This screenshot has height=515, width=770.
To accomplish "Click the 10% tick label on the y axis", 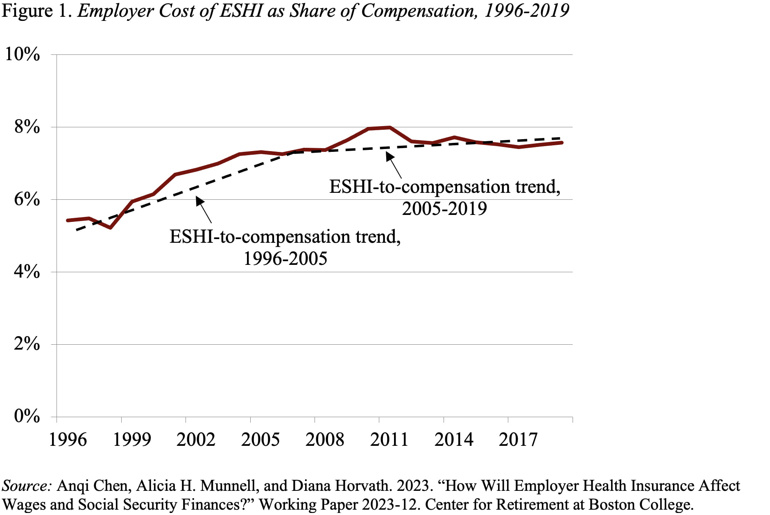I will tap(22, 54).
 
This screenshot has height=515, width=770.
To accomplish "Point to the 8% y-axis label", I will tap(27, 127).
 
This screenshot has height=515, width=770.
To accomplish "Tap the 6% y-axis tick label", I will tap(27, 199).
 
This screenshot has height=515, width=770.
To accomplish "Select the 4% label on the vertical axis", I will tap(27, 271).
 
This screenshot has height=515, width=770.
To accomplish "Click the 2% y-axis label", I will tap(27, 344).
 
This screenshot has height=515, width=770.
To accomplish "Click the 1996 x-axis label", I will tap(68, 440).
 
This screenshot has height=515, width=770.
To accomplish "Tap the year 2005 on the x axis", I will tap(260, 440).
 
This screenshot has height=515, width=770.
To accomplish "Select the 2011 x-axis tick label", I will tap(389, 440).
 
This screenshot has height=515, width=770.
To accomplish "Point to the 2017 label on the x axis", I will tap(518, 440).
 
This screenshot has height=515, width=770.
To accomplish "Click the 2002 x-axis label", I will tap(196, 440).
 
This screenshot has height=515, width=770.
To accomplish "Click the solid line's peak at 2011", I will tap(390, 127).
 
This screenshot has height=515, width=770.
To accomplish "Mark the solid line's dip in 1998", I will tap(110, 228).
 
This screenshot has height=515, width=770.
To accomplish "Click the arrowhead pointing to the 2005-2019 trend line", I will tap(389, 156).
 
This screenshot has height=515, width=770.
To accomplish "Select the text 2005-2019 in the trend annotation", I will tap(444, 209).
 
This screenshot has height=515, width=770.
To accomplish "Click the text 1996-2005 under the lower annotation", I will tap(285, 259).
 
